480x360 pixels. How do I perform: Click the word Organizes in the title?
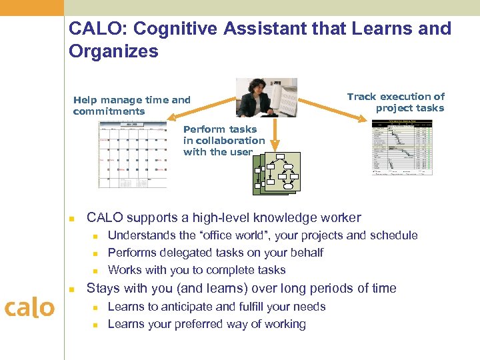pyautogui.click(x=113, y=51)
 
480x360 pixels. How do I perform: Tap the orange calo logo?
pyautogui.click(x=29, y=308)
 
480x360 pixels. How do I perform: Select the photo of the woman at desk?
pyautogui.click(x=266, y=97)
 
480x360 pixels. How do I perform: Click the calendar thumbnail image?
pyautogui.click(x=132, y=156)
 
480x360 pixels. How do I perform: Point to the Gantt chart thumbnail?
pyautogui.click(x=402, y=148)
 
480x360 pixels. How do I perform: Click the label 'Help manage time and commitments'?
pyautogui.click(x=132, y=105)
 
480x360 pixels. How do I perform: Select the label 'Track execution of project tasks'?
pyautogui.click(x=395, y=102)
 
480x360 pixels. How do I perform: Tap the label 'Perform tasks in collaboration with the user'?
pyautogui.click(x=224, y=141)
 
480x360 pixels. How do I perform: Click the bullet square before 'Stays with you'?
pyautogui.click(x=73, y=289)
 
